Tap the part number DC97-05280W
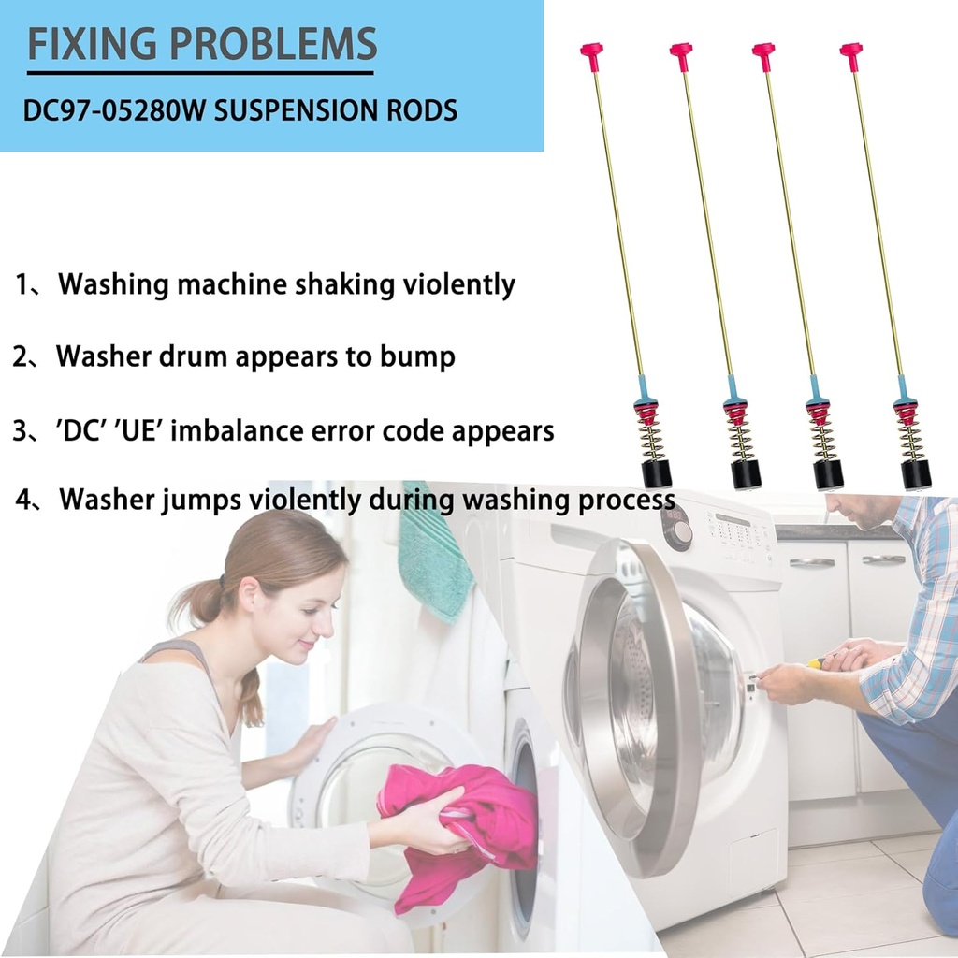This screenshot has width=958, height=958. (114, 110)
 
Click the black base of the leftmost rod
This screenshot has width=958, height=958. (656, 474)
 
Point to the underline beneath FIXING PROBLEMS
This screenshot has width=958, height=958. (200, 73)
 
